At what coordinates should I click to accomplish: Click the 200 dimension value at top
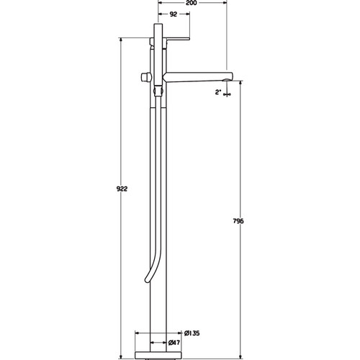click(192, 3)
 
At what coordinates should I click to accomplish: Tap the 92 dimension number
click(174, 14)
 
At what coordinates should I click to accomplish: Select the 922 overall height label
click(122, 189)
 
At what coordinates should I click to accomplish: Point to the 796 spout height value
click(238, 221)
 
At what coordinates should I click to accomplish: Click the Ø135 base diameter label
click(192, 333)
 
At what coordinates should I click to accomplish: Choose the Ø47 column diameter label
click(174, 343)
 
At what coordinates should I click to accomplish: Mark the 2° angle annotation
click(218, 92)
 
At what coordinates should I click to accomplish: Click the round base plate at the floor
click(158, 355)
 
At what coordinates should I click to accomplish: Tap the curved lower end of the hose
click(147, 279)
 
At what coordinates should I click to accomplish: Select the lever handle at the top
click(176, 39)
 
